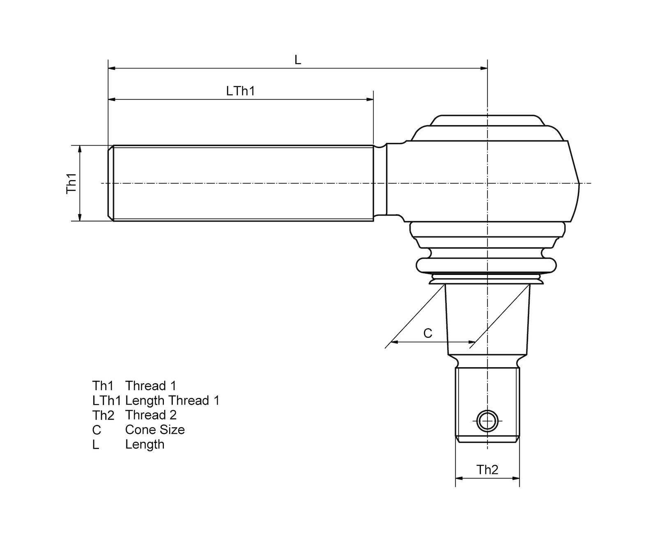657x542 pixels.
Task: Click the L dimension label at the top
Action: click(298, 60)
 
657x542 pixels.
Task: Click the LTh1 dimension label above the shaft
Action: click(240, 91)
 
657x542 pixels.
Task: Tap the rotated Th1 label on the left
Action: click(72, 183)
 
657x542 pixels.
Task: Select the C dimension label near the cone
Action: click(427, 333)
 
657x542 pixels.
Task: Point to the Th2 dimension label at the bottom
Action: click(487, 470)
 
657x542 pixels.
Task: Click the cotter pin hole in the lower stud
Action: click(487, 421)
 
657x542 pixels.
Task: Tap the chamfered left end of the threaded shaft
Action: click(110, 183)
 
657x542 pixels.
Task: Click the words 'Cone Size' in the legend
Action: click(155, 430)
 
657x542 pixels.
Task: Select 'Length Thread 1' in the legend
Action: click(172, 400)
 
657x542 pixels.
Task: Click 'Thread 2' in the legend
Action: click(151, 415)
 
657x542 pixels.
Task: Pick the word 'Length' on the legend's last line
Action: click(145, 444)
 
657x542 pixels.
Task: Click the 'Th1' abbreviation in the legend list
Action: click(103, 386)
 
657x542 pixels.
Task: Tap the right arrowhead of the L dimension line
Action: click(484, 69)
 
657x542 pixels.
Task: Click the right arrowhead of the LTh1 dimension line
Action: click(370, 99)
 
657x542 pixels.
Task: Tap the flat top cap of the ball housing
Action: click(487, 118)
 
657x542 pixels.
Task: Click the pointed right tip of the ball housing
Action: click(579, 183)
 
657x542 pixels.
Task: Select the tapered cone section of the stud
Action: click(487, 320)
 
